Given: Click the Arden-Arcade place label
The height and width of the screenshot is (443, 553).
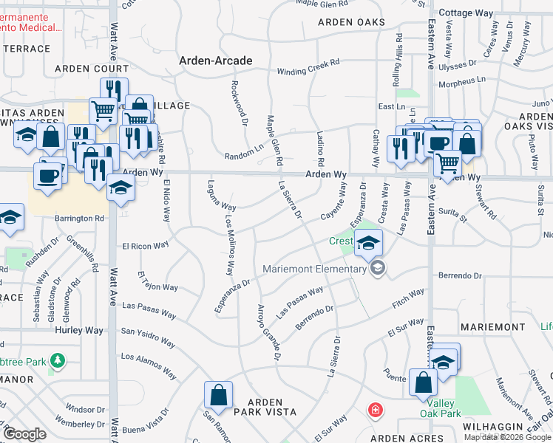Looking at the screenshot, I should coord(215,61).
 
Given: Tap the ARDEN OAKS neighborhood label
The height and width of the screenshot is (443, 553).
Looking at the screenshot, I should coord(351,22).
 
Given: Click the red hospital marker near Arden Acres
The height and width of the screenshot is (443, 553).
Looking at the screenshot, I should coord(376,409).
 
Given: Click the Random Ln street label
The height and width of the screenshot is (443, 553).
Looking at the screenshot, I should coord(244,152).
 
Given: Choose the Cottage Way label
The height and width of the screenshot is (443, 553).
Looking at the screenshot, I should coord(466,13).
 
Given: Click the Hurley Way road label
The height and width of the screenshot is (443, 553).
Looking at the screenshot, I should coord(79,331).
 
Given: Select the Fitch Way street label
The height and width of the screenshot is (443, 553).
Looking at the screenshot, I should coord(408,298).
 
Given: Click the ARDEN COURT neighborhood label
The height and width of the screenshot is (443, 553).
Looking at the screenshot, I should coord(92,69).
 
